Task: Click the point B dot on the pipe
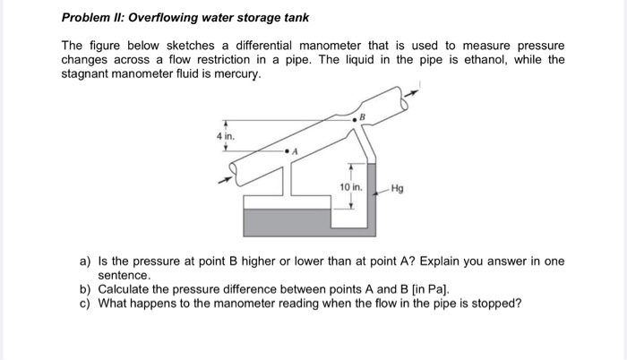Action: pyautogui.click(x=356, y=119)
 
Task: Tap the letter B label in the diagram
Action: pyautogui.click(x=363, y=114)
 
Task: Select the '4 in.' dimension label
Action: pyautogui.click(x=224, y=135)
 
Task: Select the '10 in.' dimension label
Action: pyautogui.click(x=350, y=187)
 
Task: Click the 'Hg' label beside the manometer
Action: pyautogui.click(x=398, y=189)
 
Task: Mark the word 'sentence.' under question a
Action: pyautogui.click(x=125, y=276)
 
